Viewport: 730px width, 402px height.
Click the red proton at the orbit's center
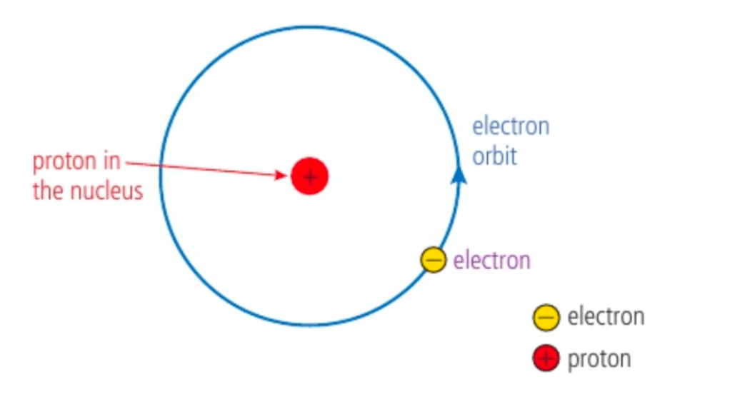click(309, 176)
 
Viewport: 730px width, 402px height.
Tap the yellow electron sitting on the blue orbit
click(433, 260)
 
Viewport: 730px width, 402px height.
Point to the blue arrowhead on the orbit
click(459, 174)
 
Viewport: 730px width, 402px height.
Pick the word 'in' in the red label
click(111, 161)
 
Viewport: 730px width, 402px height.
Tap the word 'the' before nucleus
click(48, 191)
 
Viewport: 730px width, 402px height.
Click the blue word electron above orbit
click(510, 127)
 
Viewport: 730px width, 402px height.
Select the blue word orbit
click(494, 156)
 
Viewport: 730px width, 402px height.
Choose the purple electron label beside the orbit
click(492, 261)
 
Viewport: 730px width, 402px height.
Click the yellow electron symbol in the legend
click(546, 317)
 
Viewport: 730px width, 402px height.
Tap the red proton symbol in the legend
click(546, 358)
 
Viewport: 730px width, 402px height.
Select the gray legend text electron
click(606, 316)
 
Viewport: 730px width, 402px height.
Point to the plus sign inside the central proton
click(309, 176)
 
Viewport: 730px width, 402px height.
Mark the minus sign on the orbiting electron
click(433, 260)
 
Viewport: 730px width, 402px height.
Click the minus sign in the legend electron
click(546, 317)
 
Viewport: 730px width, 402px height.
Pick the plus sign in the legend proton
click(546, 358)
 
